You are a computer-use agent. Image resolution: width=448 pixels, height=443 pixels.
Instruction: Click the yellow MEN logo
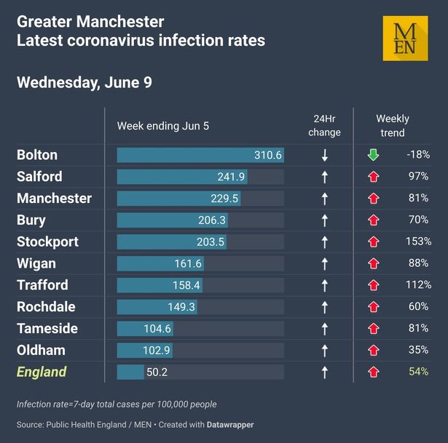coord(406,39)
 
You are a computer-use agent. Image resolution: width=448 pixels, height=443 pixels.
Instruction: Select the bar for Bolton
coord(200,155)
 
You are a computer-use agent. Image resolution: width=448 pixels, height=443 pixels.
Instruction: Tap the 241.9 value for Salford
coord(231,177)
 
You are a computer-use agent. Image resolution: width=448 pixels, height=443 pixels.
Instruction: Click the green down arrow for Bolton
coord(373,155)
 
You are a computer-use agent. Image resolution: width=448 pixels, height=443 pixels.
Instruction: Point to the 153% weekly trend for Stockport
coord(418,242)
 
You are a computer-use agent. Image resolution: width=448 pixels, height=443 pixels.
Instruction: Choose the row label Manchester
coord(55,199)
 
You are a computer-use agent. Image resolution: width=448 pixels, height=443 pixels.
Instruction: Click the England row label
coord(42,372)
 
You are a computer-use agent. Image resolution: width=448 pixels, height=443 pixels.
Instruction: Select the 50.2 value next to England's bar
coord(157,372)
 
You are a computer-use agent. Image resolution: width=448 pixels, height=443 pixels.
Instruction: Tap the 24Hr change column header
coord(324,126)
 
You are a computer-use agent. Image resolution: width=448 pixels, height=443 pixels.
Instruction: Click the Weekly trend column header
coord(393,126)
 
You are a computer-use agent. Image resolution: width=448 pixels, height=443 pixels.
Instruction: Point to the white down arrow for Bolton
coord(325,155)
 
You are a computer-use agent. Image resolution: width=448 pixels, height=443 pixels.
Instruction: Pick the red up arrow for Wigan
coord(374,263)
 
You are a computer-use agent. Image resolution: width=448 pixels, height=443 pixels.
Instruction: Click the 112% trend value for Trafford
coord(418,284)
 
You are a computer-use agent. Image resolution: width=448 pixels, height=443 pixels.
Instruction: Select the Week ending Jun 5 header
coord(163,126)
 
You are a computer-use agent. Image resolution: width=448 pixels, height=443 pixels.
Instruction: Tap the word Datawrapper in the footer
coord(230,425)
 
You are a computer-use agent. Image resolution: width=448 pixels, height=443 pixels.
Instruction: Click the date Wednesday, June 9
coord(85,83)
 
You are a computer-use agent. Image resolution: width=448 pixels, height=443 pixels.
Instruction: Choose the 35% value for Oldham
coord(418,350)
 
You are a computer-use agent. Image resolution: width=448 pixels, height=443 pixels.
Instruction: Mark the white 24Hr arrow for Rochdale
coord(325,307)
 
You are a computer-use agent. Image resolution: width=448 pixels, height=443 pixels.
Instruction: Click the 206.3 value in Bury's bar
coord(212,220)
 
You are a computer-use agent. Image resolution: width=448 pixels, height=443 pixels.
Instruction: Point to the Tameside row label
coord(47,329)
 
